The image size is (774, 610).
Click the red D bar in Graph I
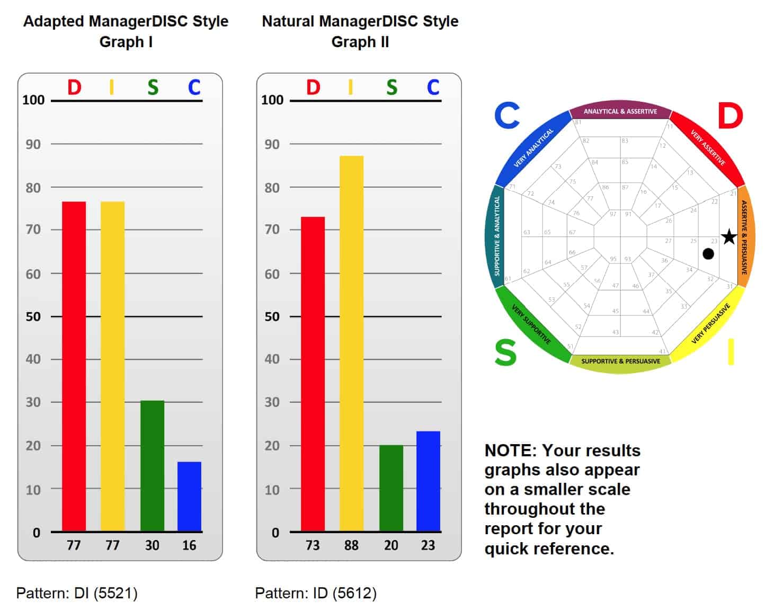click(74, 366)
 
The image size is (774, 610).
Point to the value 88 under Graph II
click(351, 545)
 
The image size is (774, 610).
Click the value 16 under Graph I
click(189, 545)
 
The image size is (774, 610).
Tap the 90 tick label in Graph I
click(33, 144)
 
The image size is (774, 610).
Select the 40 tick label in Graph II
click(272, 359)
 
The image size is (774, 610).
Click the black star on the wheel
click(729, 237)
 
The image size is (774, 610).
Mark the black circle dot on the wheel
click(708, 254)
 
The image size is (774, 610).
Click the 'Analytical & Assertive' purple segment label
click(620, 111)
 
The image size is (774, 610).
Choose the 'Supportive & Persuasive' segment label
click(620, 361)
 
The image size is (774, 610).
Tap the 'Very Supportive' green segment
click(531, 324)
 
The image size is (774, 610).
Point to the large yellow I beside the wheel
click(731, 352)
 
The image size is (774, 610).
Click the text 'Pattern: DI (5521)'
click(77, 593)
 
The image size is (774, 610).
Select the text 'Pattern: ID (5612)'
click(316, 593)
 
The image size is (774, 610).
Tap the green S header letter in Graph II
click(392, 87)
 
